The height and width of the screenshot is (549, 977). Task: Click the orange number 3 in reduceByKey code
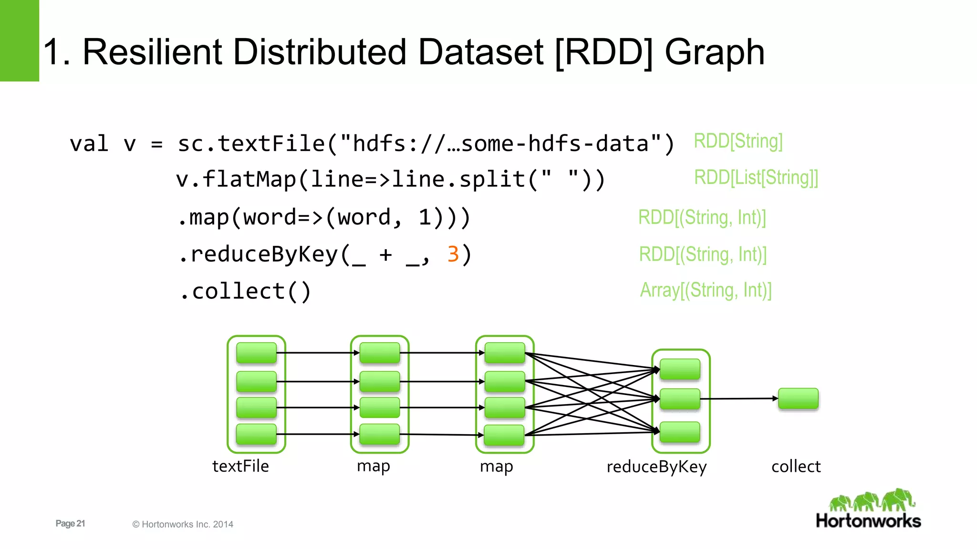453,254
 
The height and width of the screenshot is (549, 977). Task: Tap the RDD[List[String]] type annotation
756,178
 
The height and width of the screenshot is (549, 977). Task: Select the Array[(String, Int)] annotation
705,290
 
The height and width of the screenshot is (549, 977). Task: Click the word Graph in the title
714,52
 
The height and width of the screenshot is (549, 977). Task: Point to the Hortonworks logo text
868,521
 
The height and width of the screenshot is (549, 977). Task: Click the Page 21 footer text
70,523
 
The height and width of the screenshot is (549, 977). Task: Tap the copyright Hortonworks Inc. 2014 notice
183,524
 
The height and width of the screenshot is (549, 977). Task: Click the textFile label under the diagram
240,466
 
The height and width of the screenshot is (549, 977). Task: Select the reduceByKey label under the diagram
656,467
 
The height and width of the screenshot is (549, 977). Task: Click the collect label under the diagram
796,466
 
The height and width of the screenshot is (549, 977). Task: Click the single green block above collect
798,398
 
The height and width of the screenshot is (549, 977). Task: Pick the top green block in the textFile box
256,353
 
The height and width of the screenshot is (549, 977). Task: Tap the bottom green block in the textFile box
256,434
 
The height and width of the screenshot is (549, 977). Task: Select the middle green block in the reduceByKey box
680,399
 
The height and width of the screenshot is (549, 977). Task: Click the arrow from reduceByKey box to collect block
744,398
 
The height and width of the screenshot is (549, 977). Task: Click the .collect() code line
245,291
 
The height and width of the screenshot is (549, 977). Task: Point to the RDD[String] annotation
738,141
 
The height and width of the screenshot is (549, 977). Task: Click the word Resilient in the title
152,52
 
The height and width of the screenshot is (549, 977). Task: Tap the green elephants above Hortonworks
872,500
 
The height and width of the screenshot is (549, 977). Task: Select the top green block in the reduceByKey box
680,369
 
